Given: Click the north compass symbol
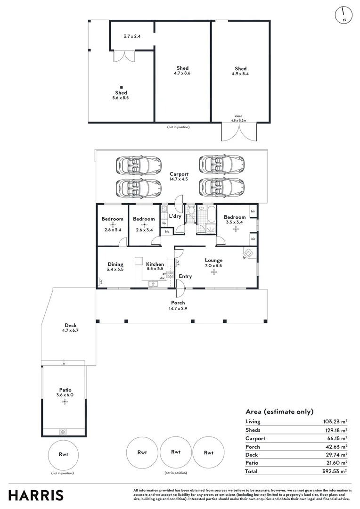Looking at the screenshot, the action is [344, 15].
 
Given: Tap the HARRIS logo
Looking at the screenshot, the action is [36, 495].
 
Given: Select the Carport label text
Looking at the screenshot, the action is [179, 174].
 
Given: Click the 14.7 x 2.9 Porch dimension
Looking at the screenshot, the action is [178, 308].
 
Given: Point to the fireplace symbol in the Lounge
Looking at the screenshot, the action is [249, 253].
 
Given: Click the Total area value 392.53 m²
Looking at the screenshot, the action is [335, 471].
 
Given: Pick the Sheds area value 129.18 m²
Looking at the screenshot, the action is [335, 430].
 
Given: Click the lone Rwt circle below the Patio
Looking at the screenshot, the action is [64, 454].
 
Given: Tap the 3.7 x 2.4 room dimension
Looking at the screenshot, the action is [132, 36].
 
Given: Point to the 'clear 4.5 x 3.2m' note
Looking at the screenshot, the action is [238, 118].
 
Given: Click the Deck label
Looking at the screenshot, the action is [71, 325].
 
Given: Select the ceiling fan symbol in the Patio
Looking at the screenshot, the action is [65, 402].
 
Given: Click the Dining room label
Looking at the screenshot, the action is [115, 264].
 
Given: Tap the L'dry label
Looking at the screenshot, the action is [175, 216].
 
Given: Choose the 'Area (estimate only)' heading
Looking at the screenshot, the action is [279, 411].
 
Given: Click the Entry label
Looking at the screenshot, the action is [185, 276].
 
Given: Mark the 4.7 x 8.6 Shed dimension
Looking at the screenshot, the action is [182, 74].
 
